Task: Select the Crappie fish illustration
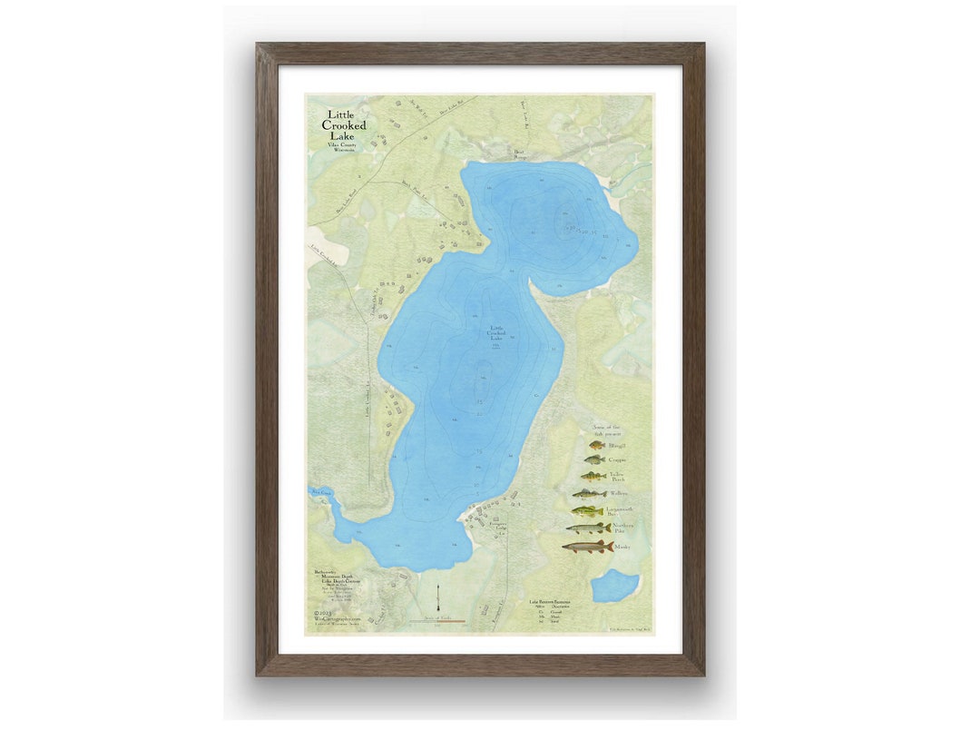point(594,460)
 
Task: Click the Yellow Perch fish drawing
point(593,477)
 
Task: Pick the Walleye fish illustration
point(590,494)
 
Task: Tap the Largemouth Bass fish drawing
point(588,511)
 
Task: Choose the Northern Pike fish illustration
point(588,528)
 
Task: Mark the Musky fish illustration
point(587,547)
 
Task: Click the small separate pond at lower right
point(615,587)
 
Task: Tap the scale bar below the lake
point(444,622)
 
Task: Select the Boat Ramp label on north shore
point(521,154)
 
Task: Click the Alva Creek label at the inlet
point(322,491)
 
